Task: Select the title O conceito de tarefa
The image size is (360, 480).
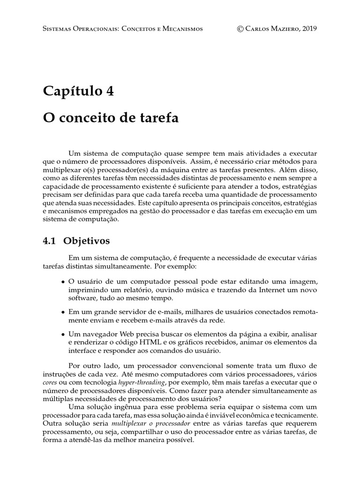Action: [111, 118]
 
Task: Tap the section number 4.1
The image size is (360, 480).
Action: [49, 241]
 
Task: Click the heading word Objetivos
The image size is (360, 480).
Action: [87, 241]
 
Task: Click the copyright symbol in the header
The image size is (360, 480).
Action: [241, 29]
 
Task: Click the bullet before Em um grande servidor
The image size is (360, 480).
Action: [63, 312]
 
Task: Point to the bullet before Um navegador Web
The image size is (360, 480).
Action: [63, 335]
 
